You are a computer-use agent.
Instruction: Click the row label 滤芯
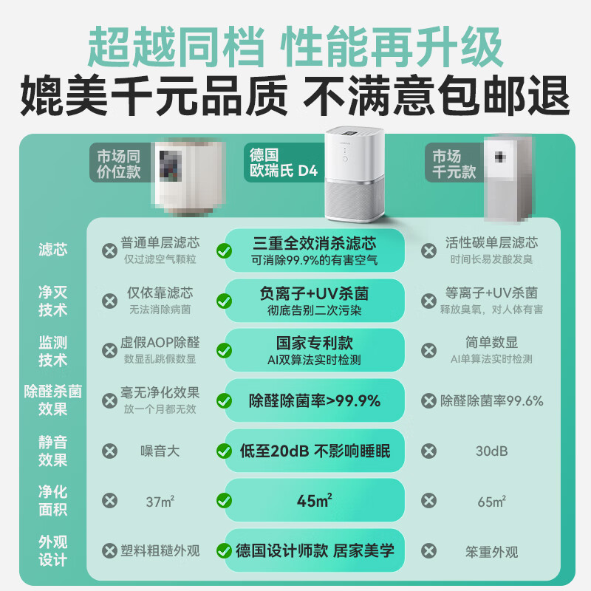(x=53, y=250)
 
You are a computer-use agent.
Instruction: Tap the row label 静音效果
(x=53, y=451)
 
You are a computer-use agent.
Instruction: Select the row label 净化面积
(x=53, y=500)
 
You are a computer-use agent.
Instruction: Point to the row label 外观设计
(x=53, y=550)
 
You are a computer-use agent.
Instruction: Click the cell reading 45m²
(x=315, y=500)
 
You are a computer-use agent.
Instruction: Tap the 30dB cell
(x=491, y=451)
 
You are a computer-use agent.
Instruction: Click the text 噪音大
(x=160, y=451)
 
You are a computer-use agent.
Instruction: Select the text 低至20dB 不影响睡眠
(x=315, y=451)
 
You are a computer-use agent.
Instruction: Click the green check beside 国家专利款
(x=224, y=351)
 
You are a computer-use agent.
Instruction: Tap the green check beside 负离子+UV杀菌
(x=224, y=301)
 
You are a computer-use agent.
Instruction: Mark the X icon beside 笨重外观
(x=428, y=551)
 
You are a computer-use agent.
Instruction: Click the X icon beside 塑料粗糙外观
(x=109, y=551)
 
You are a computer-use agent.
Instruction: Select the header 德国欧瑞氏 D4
(x=283, y=163)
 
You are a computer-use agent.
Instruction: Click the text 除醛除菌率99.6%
(x=491, y=401)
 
